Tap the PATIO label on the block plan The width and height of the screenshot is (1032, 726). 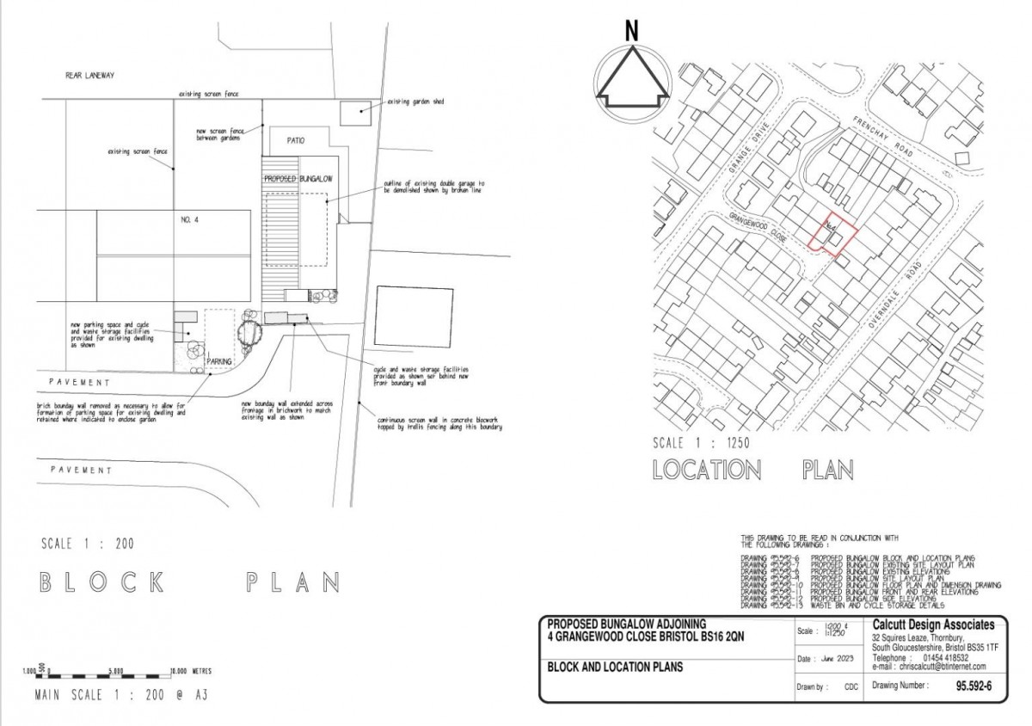click(x=291, y=140)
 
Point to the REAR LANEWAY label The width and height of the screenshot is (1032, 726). click(x=89, y=76)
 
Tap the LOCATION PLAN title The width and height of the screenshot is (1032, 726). click(x=752, y=471)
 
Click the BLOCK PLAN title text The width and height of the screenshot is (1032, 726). click(x=190, y=582)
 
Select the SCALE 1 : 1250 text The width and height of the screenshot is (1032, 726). click(x=703, y=444)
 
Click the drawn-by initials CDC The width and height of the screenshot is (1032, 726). click(x=851, y=687)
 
